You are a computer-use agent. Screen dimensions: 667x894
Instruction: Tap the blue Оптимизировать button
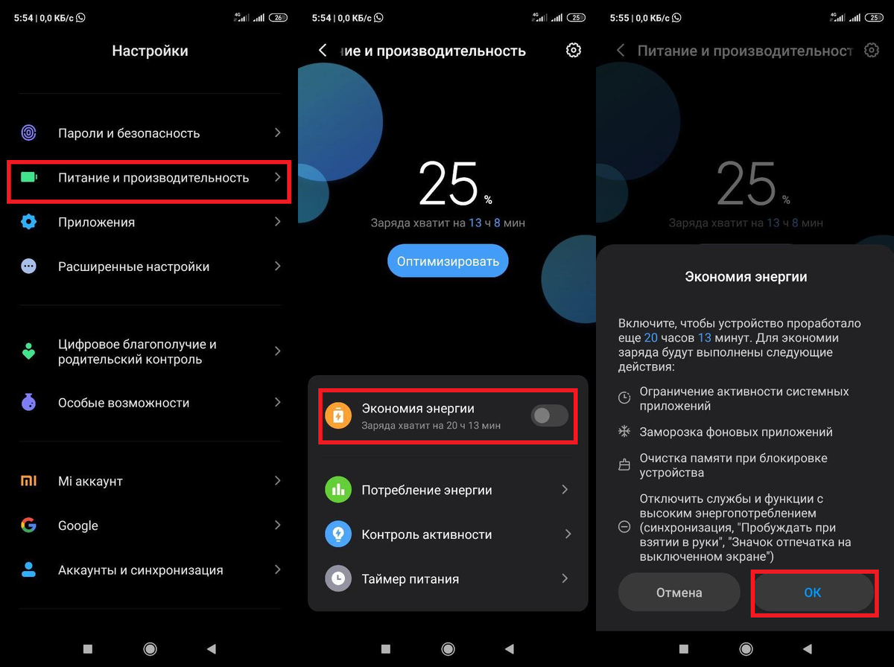[448, 261]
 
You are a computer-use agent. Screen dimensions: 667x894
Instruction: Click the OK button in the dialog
[813, 593]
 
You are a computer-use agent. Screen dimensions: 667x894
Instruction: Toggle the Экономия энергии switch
[549, 416]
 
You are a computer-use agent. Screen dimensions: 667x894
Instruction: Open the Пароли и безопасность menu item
[129, 133]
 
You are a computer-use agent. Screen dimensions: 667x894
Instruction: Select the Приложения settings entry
[97, 222]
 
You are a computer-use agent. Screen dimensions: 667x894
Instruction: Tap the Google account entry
[78, 526]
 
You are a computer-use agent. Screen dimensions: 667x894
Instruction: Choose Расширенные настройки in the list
[133, 267]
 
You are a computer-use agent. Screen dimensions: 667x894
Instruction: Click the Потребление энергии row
[427, 490]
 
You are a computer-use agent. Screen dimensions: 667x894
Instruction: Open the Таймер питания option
[410, 578]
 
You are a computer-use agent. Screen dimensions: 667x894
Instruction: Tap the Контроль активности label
[427, 534]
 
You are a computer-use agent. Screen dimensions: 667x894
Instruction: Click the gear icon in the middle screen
[573, 51]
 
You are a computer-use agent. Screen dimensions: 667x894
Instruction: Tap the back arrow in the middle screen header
[323, 51]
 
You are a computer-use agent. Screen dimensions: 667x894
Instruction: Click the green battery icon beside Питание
[29, 178]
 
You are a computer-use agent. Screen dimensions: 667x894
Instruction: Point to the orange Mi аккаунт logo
[28, 481]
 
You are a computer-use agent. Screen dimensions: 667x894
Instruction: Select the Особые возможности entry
[124, 403]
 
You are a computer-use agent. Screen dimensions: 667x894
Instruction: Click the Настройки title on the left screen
[150, 51]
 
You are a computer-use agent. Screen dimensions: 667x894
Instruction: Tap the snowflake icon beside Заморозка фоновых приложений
[624, 432]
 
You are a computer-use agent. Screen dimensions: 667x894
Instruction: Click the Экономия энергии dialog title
[746, 276]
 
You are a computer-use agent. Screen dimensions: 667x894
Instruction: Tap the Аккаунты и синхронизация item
[141, 570]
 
